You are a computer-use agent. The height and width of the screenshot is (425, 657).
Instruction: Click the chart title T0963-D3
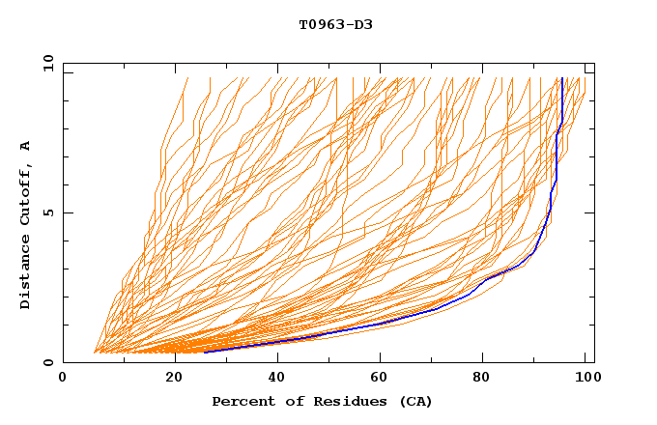pyautogui.click(x=335, y=24)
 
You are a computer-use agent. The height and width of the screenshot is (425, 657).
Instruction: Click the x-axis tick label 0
pyautogui.click(x=63, y=379)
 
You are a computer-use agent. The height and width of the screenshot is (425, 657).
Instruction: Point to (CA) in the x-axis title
pyautogui.click(x=414, y=401)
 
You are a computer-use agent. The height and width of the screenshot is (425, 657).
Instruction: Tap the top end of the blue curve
pyautogui.click(x=561, y=78)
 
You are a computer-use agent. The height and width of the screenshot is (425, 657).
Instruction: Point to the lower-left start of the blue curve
pyautogui.click(x=205, y=352)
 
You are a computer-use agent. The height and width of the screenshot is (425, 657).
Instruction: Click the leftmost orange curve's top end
pyautogui.click(x=187, y=78)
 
